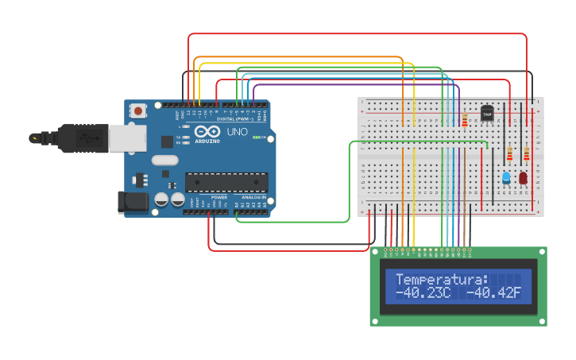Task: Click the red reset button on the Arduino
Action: (139, 111)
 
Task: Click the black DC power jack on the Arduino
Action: (132, 202)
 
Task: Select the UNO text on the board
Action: (238, 132)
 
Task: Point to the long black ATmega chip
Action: (226, 182)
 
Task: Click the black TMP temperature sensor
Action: (487, 114)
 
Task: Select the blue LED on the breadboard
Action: (506, 178)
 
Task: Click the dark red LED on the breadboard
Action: (524, 178)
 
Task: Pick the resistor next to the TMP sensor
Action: (465, 120)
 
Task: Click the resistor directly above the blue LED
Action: (509, 153)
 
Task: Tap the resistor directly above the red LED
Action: (526, 153)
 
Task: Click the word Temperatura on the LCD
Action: (442, 280)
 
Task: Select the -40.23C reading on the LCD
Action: (423, 294)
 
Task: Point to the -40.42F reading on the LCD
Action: (493, 294)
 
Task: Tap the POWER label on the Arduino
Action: (218, 197)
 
